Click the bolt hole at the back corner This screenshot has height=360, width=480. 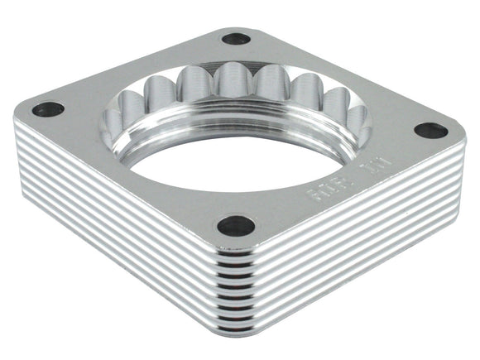(236, 38)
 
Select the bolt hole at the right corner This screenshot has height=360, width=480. (430, 130)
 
